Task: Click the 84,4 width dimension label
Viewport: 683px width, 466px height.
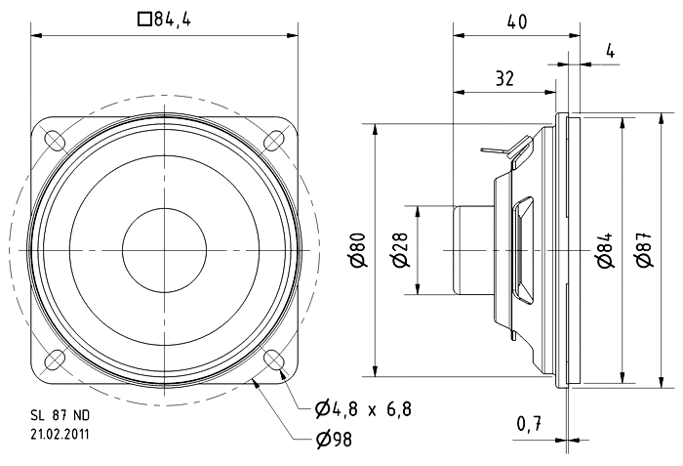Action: pos(172,18)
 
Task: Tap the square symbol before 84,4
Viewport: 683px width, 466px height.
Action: pos(145,18)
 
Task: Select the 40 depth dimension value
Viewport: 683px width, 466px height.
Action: pos(517,21)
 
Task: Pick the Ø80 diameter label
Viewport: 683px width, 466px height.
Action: pos(359,251)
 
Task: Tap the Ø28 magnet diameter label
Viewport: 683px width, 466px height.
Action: pos(400,251)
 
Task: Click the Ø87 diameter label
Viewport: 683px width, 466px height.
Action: pos(643,251)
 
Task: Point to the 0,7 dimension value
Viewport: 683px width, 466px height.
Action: pos(528,425)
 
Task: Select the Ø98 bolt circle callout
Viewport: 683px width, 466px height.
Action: pos(334,441)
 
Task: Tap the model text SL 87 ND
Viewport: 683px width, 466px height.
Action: pos(59,413)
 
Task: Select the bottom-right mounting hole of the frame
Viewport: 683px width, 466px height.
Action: pos(277,362)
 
